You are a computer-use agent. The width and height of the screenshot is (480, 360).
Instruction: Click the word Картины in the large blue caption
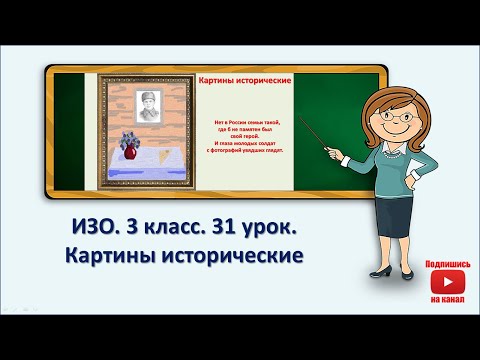pyautogui.click(x=102, y=257)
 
